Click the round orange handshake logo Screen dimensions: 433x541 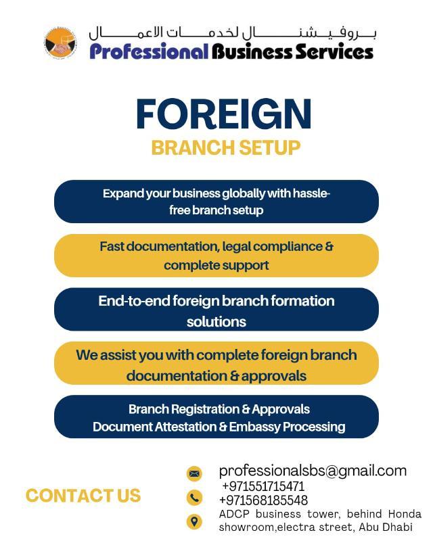click(x=60, y=43)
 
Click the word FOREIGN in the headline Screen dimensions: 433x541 click(x=224, y=114)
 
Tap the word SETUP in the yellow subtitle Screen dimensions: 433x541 click(x=270, y=147)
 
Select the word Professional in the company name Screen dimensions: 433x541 click(x=149, y=52)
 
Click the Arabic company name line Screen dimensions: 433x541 click(x=232, y=33)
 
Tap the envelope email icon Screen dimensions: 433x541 click(x=194, y=473)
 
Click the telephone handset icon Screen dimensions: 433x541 click(x=194, y=498)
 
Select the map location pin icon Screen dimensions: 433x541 click(x=194, y=521)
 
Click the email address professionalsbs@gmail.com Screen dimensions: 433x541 click(x=313, y=471)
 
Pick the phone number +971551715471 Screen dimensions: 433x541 click(x=263, y=486)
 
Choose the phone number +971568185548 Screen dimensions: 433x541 click(x=263, y=500)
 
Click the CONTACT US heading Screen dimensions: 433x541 click(x=83, y=496)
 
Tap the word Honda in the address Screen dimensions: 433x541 click(x=405, y=514)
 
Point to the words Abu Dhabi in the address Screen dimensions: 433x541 click(x=386, y=527)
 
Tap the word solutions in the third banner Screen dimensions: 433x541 click(x=216, y=322)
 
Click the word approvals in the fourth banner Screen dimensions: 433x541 click(x=274, y=377)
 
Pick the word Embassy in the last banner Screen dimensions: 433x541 click(x=255, y=427)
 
